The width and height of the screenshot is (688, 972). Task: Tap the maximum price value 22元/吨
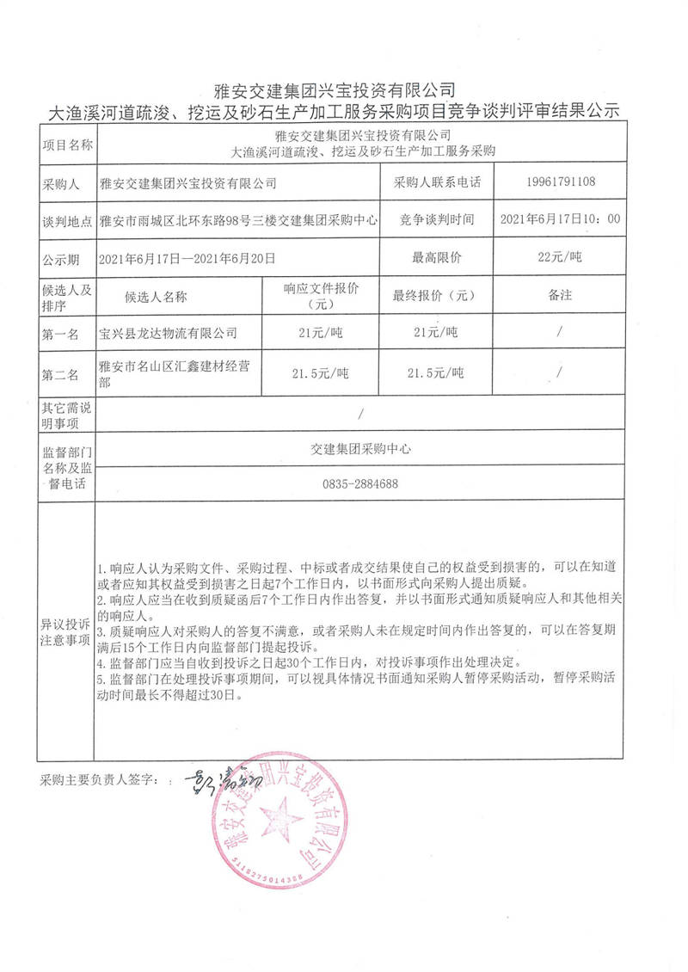tap(559, 257)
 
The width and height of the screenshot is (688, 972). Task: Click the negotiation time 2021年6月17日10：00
tap(559, 219)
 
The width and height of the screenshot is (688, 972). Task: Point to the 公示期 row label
tap(61, 257)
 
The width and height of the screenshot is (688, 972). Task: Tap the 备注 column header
tap(559, 295)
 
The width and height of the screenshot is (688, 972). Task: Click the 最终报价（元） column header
tap(434, 295)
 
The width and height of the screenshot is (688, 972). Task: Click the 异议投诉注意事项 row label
tap(65, 631)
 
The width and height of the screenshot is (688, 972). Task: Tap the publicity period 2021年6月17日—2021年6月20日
tap(187, 257)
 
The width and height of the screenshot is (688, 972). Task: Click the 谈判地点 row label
tap(66, 220)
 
